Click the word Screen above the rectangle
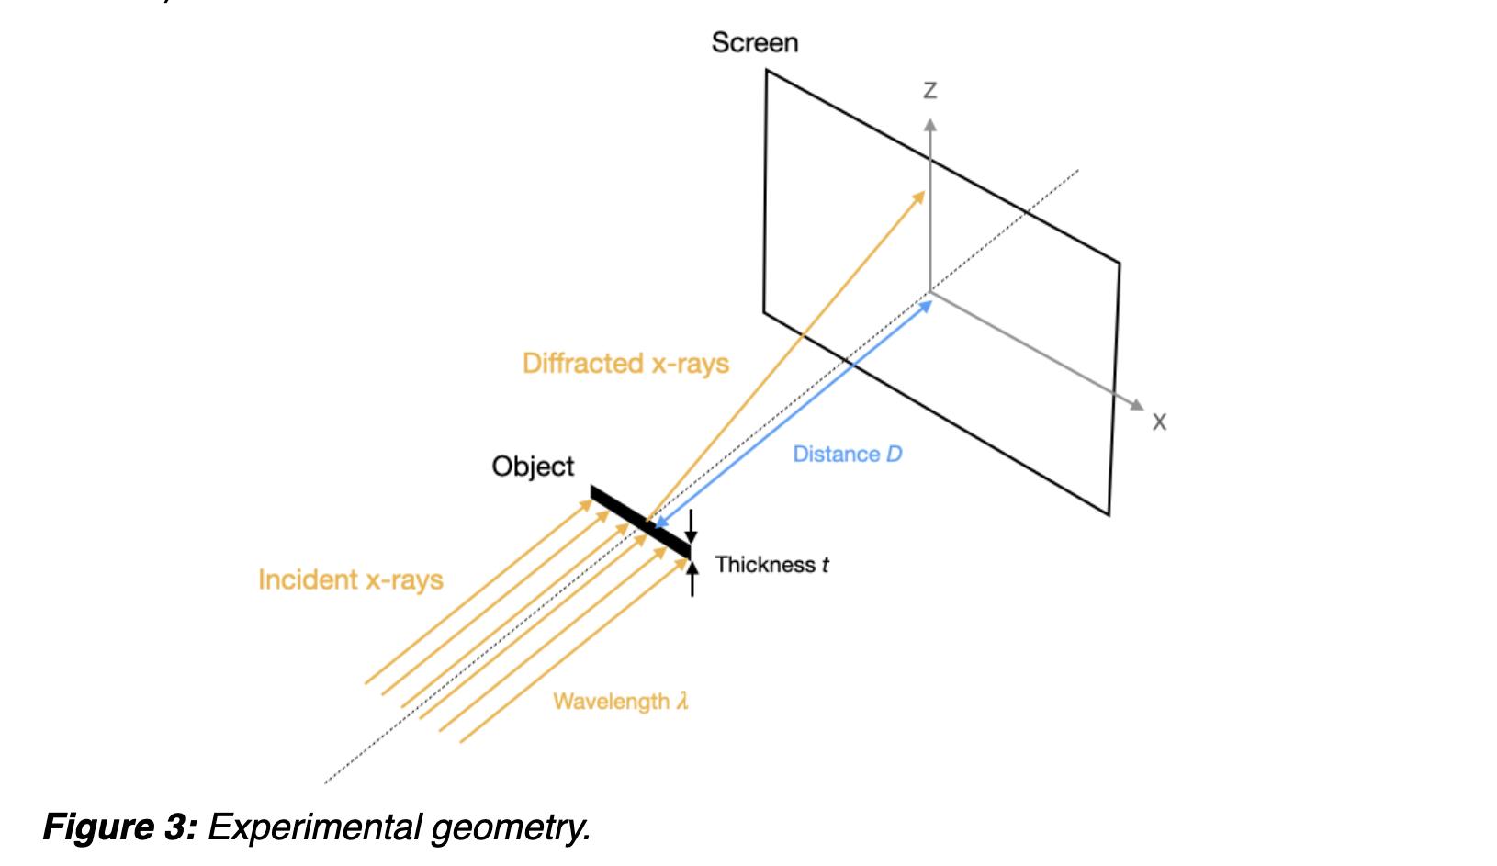(x=754, y=42)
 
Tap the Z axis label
(x=930, y=90)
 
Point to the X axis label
(x=1159, y=422)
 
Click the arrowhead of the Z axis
(x=930, y=125)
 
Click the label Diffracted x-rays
(x=625, y=364)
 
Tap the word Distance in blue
(x=836, y=454)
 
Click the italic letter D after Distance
(x=894, y=454)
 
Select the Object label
(x=533, y=467)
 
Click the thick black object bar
(x=639, y=522)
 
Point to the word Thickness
(x=765, y=565)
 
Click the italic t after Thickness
(x=826, y=565)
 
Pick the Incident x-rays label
(x=350, y=580)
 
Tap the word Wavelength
(x=611, y=702)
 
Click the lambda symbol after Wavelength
(x=682, y=702)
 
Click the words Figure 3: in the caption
(x=119, y=827)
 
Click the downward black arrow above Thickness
(x=692, y=528)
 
